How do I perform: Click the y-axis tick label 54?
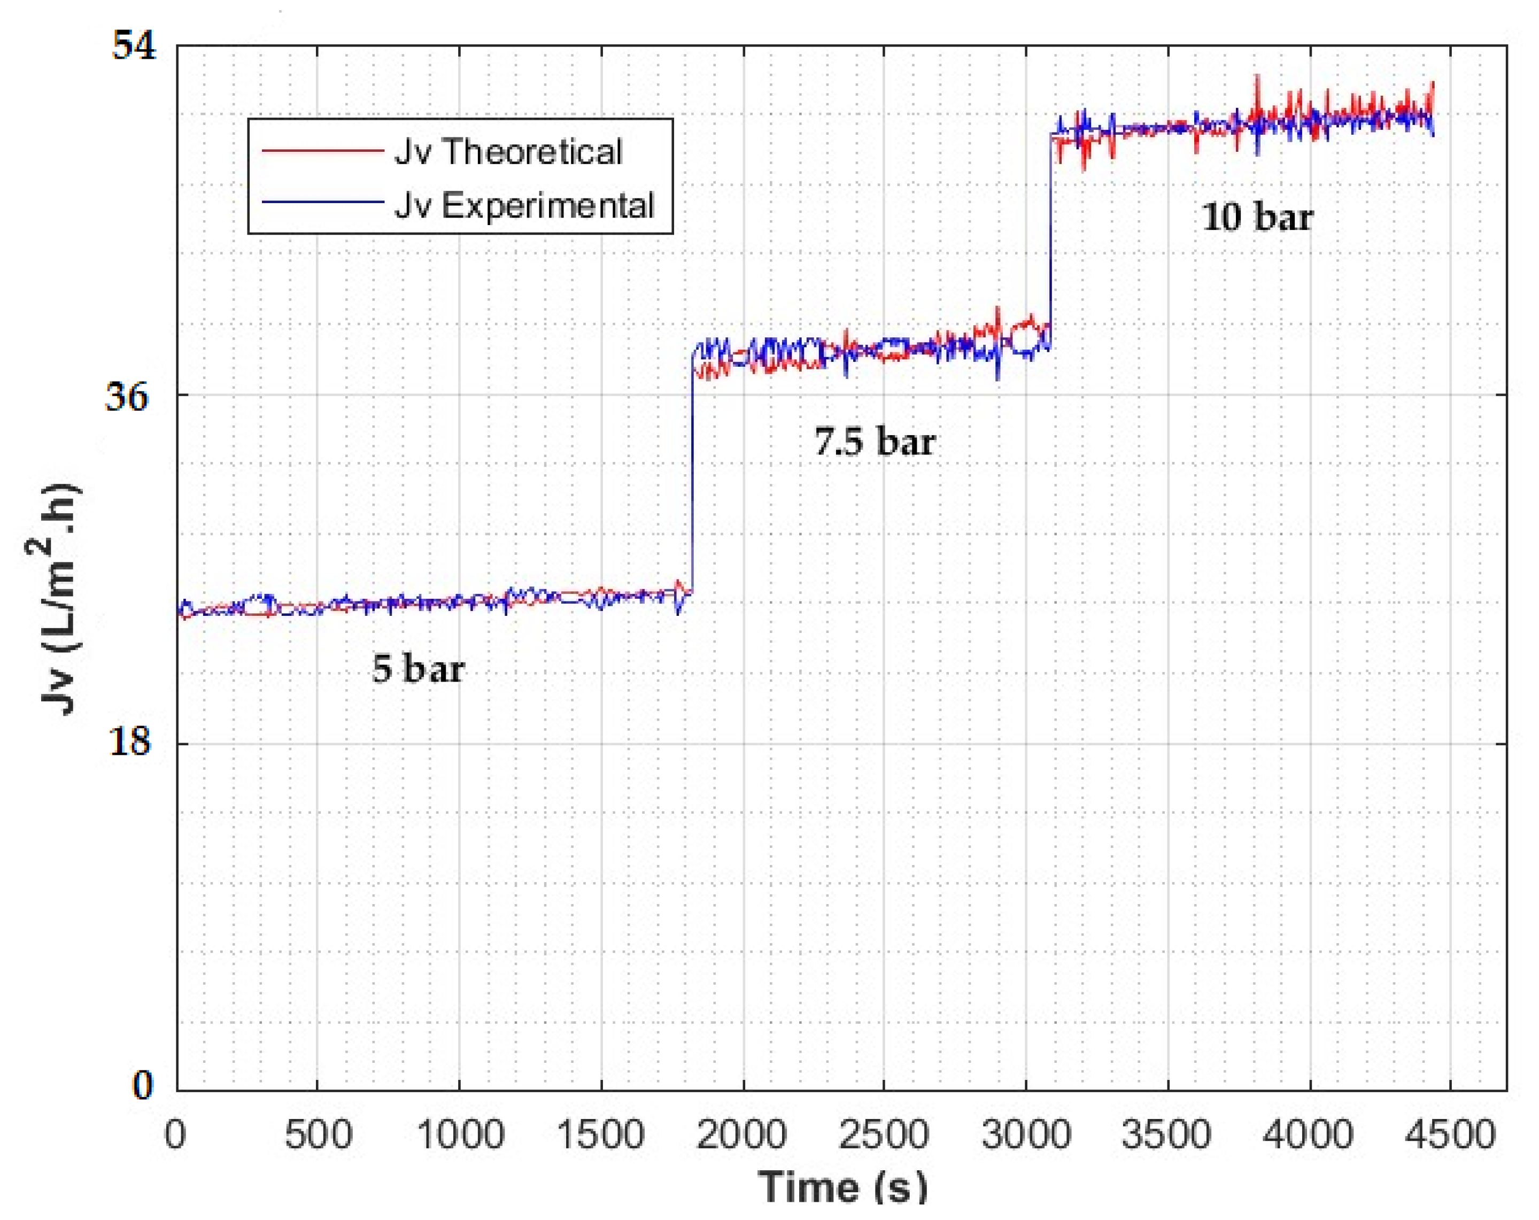tap(134, 47)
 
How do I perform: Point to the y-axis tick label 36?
tap(128, 396)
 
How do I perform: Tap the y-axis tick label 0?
tap(143, 1086)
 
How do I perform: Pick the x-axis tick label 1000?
tap(460, 1135)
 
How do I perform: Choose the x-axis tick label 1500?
tap(600, 1135)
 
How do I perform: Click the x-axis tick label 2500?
tap(883, 1135)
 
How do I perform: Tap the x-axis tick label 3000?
tap(1026, 1135)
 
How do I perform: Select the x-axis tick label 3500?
tap(1166, 1135)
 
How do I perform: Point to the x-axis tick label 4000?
tap(1308, 1135)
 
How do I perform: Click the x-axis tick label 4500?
tap(1450, 1135)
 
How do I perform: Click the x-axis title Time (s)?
tap(842, 1188)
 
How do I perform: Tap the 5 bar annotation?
tap(419, 669)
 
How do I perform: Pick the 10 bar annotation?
tap(1258, 217)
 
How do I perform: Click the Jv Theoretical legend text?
tap(508, 152)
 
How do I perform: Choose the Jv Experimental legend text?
tap(524, 206)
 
